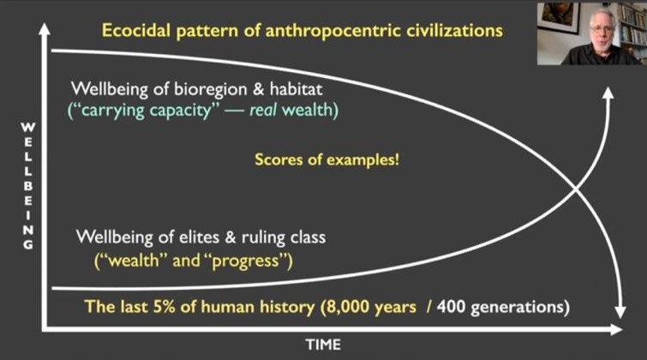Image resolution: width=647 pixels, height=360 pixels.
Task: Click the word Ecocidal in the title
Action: [x=136, y=31]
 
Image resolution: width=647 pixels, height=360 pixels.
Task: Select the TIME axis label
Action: [x=324, y=345]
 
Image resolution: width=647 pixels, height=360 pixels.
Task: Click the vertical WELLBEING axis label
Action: [x=27, y=186]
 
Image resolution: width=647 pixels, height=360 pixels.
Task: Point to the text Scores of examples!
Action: [x=326, y=159]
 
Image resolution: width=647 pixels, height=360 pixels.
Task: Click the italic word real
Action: [x=263, y=110]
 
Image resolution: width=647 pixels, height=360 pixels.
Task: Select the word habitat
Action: [x=296, y=89]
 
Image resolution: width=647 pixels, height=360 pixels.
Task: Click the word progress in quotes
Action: [x=245, y=261]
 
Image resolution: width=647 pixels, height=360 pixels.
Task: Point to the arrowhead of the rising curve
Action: [x=608, y=93]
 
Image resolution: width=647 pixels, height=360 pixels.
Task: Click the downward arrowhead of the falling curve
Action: [x=620, y=312]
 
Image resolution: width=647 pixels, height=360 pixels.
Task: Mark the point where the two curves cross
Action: [x=576, y=190]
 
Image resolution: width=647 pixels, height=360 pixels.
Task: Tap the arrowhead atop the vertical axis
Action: [x=45, y=29]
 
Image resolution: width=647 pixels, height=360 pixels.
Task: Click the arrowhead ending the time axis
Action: [x=616, y=329]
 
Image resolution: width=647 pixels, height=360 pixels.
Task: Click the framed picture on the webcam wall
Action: [x=560, y=16]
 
